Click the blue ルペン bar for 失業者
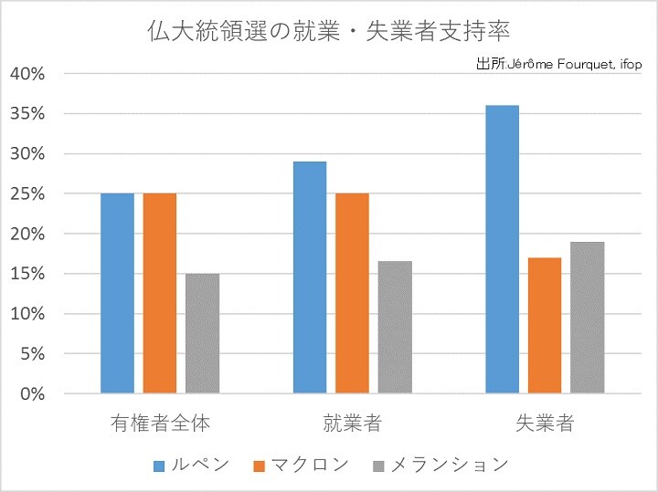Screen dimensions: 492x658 [502, 249]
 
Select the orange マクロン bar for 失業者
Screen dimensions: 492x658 [545, 325]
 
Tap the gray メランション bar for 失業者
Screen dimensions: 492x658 [587, 318]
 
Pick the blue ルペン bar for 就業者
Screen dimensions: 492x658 [310, 277]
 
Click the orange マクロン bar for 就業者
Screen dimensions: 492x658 [352, 293]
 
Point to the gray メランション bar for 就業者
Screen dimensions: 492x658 [395, 327]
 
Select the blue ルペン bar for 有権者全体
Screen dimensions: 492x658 [117, 293]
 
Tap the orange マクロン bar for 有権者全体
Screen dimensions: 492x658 [159, 293]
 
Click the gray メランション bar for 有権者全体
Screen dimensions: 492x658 [202, 333]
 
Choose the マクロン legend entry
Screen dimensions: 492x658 [309, 465]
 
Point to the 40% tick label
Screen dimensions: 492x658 [27, 74]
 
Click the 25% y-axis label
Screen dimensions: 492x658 [27, 194]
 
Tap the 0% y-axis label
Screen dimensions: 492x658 [32, 394]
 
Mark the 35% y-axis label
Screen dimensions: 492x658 [27, 114]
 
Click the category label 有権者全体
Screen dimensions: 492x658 [159, 424]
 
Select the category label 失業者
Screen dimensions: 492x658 [545, 424]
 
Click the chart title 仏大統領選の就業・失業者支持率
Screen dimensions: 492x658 [329, 30]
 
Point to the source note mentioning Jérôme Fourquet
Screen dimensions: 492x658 [559, 65]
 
